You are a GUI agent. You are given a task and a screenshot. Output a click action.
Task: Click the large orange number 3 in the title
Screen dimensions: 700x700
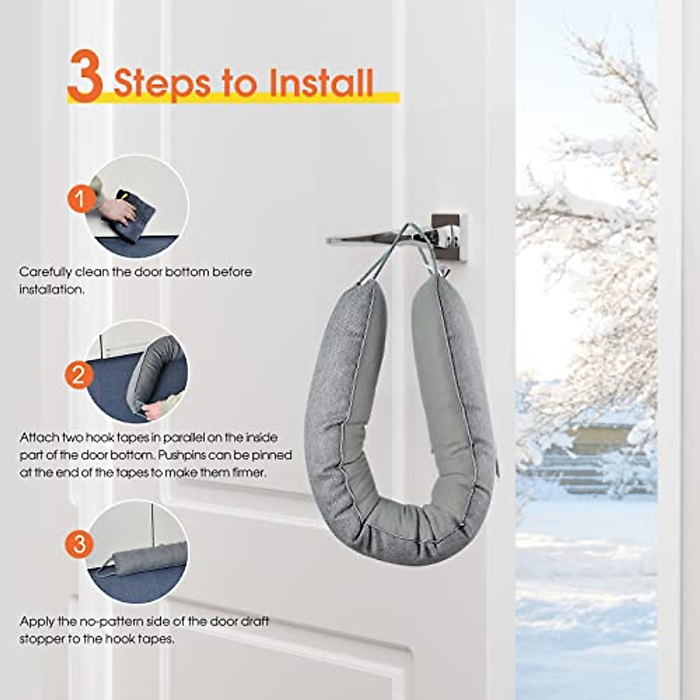(x=85, y=76)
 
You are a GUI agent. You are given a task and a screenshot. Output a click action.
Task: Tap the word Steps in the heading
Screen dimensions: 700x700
(x=162, y=83)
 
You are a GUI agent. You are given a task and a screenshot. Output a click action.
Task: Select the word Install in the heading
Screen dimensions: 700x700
(x=320, y=82)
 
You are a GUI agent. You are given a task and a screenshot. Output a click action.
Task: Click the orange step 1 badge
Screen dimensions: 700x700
(x=80, y=200)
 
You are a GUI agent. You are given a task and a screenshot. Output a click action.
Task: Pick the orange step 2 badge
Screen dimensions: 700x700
(x=79, y=374)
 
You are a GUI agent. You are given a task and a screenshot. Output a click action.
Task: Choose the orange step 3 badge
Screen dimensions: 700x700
(x=79, y=544)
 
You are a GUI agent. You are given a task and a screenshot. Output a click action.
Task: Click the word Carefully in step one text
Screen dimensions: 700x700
(x=45, y=272)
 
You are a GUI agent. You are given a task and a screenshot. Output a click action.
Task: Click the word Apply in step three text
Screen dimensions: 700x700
(x=36, y=621)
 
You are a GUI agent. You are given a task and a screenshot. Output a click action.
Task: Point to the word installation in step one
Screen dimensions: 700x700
(x=51, y=289)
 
